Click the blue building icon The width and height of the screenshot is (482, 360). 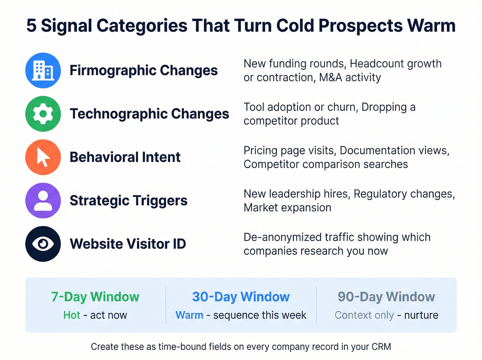click(43, 71)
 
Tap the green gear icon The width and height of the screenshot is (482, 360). click(43, 114)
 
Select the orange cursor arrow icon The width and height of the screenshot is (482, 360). click(43, 157)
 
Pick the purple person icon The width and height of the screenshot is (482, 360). click(43, 200)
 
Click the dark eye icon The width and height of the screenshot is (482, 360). click(43, 244)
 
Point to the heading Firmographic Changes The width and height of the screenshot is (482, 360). click(144, 71)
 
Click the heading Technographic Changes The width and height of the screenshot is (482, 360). click(149, 114)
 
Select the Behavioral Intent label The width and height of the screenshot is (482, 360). click(125, 157)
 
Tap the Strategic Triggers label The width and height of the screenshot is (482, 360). click(128, 200)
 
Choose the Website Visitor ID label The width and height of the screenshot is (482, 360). click(128, 244)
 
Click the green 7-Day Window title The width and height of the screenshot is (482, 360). click(95, 297)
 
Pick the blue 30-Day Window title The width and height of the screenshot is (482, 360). click(241, 297)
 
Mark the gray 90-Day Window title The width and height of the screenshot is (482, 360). click(386, 297)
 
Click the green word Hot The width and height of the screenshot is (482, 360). click(72, 315)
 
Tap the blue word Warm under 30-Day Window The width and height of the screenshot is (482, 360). click(189, 315)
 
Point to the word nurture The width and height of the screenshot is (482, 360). click(421, 315)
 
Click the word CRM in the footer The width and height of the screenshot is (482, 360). click(381, 347)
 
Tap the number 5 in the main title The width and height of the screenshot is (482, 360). click(31, 26)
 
